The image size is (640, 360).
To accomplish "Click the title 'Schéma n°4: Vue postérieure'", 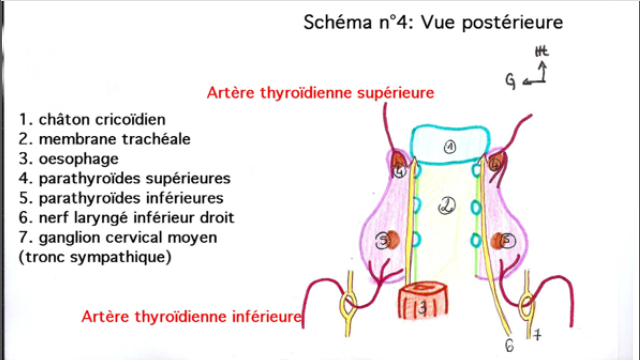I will [x=433, y=23].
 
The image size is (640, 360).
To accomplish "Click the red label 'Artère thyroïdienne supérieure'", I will [x=320, y=93].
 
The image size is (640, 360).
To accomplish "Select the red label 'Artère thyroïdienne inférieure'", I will [x=192, y=316].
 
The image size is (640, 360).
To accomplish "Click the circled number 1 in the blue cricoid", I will [x=450, y=147].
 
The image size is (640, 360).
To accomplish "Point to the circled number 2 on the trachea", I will [x=447, y=206].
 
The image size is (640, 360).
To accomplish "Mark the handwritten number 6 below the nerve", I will [x=509, y=345].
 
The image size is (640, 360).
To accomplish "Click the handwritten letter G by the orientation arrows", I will [x=510, y=81].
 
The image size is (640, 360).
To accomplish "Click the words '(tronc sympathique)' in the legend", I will [x=95, y=257].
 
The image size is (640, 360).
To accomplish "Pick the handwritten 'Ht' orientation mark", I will [x=541, y=51].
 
